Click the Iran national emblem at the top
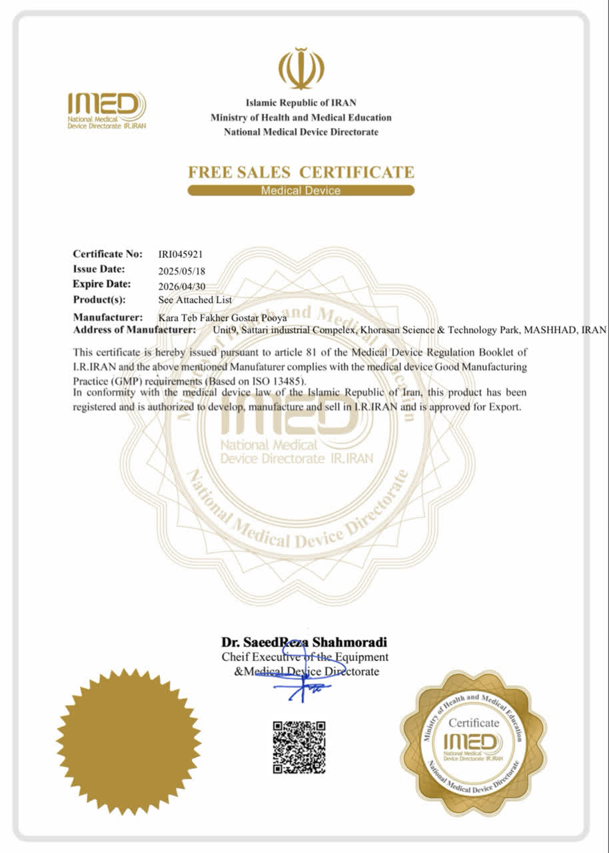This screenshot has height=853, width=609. [x=301, y=69]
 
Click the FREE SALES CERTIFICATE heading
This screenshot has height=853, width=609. [x=301, y=173]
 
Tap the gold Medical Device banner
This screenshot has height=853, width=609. [x=301, y=191]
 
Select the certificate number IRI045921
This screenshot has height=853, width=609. [x=180, y=254]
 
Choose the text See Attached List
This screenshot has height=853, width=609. [x=195, y=300]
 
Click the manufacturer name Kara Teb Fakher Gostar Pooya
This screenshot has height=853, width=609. [x=223, y=318]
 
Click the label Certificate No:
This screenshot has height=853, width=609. [x=108, y=254]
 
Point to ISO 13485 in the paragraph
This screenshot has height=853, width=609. [x=277, y=381]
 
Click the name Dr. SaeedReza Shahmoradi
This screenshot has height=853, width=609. [x=304, y=642]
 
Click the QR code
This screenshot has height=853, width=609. [x=299, y=746]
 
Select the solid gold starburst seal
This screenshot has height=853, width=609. [x=129, y=740]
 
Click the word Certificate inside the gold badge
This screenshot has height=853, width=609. [x=473, y=722]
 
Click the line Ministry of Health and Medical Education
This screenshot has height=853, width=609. [x=301, y=117]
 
